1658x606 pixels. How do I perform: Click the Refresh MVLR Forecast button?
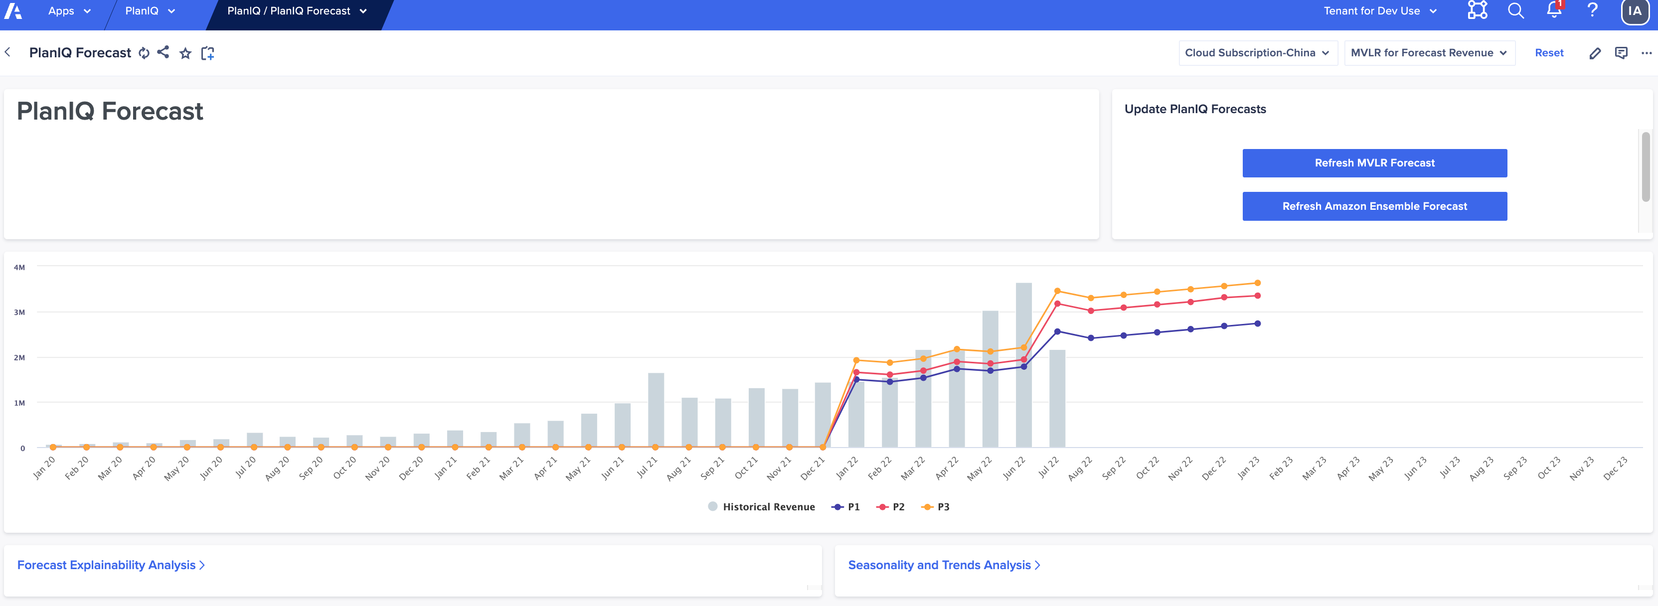[1374, 163]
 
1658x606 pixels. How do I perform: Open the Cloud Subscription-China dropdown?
[1257, 53]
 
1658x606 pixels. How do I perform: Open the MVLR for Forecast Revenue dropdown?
[1428, 53]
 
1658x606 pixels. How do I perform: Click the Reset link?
[1549, 53]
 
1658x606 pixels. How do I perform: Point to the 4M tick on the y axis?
[20, 268]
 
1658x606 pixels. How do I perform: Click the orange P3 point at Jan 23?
[1257, 283]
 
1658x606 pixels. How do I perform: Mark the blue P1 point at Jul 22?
[1057, 331]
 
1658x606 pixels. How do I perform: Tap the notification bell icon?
[1554, 11]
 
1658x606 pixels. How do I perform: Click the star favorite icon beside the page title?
[185, 53]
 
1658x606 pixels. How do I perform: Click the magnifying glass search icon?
[1516, 11]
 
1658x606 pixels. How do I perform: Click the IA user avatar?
[1634, 11]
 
